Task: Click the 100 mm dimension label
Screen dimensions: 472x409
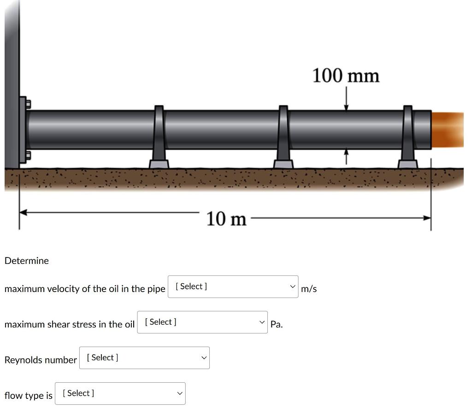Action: (346, 76)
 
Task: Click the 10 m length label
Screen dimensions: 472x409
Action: (226, 219)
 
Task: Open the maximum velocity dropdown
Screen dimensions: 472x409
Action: (233, 286)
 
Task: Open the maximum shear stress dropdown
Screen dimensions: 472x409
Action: (202, 322)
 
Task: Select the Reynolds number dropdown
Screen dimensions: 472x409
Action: (144, 357)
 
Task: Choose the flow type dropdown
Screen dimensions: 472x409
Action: (120, 393)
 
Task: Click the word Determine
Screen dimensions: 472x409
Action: (26, 260)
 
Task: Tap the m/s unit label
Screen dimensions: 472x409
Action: (309, 289)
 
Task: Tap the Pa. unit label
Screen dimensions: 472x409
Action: (277, 324)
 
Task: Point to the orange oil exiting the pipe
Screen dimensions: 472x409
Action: (448, 129)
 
